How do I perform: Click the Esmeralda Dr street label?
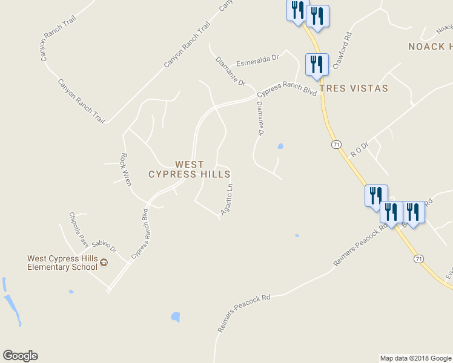(257, 60)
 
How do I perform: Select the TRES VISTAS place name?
(353, 88)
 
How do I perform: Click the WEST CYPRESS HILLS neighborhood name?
(189, 169)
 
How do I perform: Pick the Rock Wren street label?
(126, 169)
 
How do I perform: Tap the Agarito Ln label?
(227, 199)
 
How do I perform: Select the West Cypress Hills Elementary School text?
(62, 263)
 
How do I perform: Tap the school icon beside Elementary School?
(104, 263)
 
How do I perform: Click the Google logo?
(20, 356)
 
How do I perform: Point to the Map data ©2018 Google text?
(415, 358)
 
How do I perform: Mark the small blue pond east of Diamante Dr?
(280, 146)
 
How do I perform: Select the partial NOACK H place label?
(430, 47)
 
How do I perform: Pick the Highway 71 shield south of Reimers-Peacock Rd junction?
(418, 258)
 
